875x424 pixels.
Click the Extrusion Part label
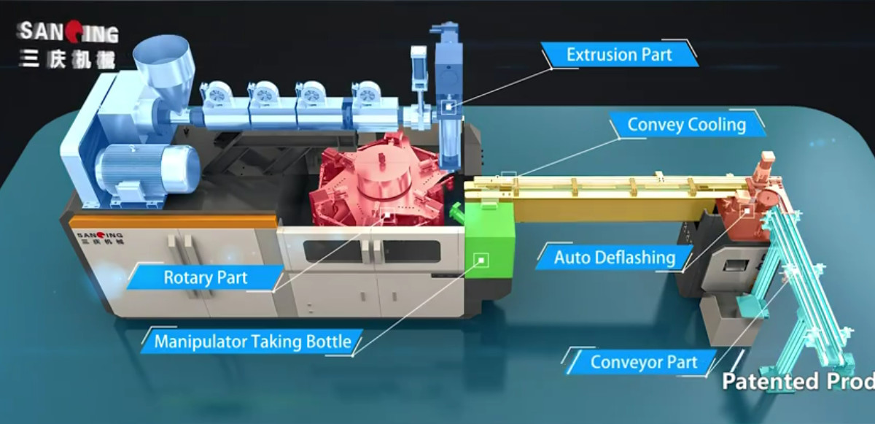619,55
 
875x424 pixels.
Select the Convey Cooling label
686,125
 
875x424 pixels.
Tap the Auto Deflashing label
614,257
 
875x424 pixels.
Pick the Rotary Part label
205,277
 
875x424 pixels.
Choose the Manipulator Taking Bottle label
252,341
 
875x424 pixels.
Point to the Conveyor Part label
643,362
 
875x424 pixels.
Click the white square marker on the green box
481,259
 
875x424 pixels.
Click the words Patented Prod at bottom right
798,381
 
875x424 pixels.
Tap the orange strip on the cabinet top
172,221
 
